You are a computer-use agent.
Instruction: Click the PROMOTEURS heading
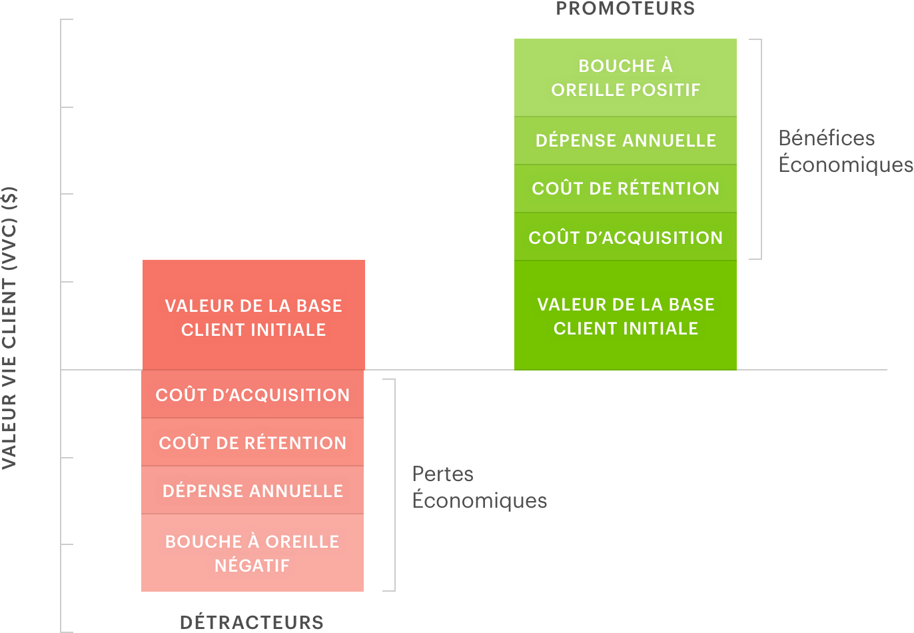point(625,8)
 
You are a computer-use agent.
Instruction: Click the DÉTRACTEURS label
point(252,622)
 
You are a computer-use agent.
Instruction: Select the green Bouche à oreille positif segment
point(625,77)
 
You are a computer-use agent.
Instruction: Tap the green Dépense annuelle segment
point(625,141)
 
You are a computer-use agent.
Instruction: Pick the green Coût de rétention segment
point(625,189)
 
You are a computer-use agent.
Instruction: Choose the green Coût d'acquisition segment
point(625,237)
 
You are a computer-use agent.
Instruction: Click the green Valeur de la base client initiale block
point(625,315)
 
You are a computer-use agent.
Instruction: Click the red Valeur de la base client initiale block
point(254,315)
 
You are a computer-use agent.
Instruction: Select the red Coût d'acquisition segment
point(252,394)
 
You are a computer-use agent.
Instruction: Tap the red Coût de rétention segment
point(252,442)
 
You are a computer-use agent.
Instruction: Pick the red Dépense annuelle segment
point(252,490)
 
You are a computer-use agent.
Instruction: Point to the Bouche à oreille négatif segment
point(252,552)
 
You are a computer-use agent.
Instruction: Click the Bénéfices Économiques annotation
point(845,151)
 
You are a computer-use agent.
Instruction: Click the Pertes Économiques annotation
point(480,487)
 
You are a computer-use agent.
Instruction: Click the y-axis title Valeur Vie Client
point(9,328)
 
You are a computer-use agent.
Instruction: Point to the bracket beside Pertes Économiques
point(394,485)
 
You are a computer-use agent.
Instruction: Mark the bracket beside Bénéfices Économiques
point(761,149)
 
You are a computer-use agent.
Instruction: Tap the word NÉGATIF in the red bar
point(252,566)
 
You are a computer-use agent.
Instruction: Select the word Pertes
point(443,474)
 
